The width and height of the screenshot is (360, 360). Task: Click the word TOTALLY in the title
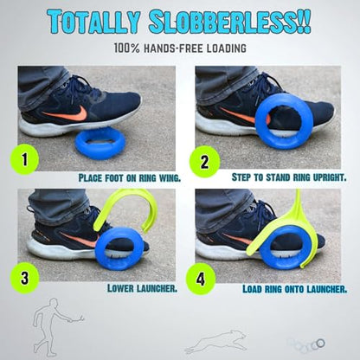[94, 22]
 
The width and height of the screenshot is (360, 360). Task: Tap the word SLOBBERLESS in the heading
[229, 22]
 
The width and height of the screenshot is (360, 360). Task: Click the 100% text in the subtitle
[126, 48]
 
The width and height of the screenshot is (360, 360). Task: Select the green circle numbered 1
[25, 159]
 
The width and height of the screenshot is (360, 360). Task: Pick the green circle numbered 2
[204, 162]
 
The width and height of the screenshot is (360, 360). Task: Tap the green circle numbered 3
[25, 278]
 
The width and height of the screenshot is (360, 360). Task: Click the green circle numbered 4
[201, 280]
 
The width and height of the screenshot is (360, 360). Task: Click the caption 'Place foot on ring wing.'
[130, 177]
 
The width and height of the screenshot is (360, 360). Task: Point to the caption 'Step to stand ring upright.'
[289, 177]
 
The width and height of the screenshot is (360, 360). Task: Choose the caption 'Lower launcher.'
[142, 288]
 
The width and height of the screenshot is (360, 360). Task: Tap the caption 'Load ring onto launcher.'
[295, 289]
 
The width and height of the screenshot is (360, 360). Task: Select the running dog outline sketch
[216, 342]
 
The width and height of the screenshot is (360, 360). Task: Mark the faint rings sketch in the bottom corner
[306, 344]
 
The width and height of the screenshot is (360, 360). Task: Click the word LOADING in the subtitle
[227, 48]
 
